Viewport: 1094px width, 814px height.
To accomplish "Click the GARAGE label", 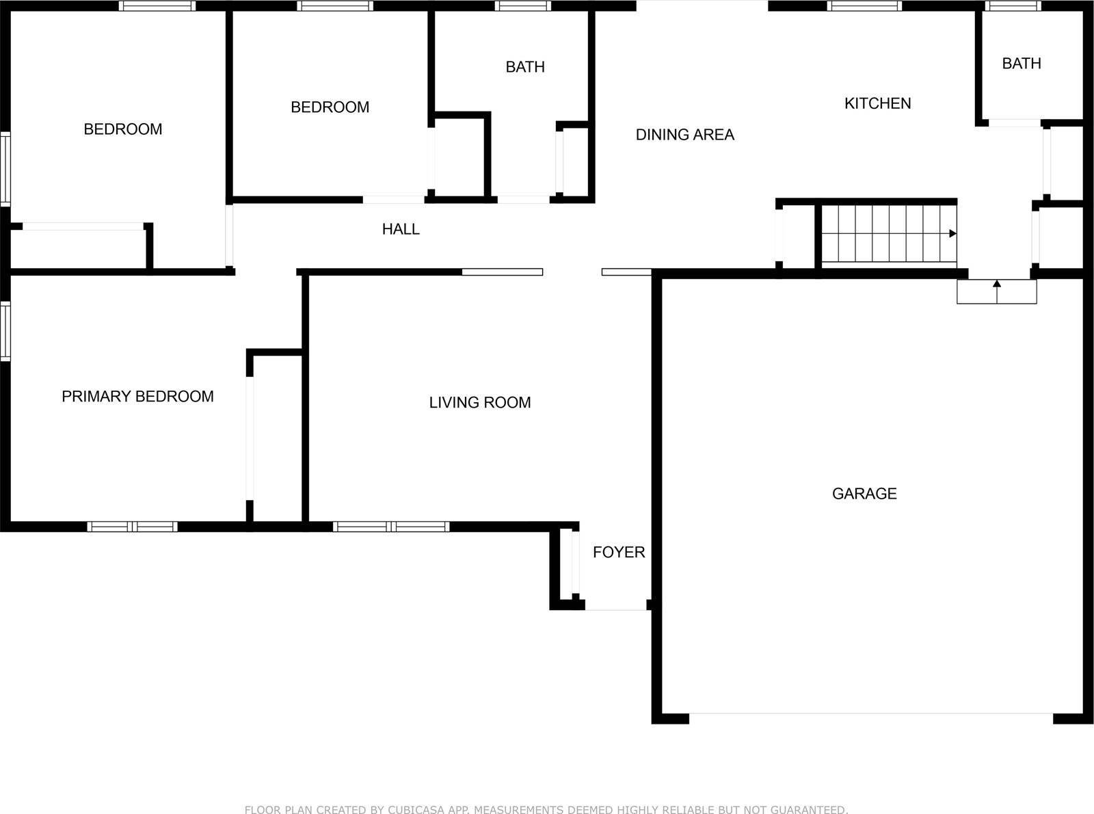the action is [864, 494].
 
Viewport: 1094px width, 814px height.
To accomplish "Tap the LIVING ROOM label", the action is [480, 403].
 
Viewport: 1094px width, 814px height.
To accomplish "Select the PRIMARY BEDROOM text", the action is [137, 396].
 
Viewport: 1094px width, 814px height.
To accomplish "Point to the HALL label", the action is [401, 229].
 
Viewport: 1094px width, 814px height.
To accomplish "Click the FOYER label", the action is [619, 553].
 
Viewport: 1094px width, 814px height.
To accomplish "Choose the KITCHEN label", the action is [878, 103].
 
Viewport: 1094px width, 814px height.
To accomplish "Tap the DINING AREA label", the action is [685, 135].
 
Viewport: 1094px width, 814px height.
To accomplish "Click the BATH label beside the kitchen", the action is [1022, 63].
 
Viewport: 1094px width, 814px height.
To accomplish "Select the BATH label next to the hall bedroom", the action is [525, 66].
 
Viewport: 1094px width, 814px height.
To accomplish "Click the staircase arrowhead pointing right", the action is [953, 233].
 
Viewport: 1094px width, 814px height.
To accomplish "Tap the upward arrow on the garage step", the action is [997, 291].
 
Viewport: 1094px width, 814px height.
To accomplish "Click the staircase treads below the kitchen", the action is [889, 233].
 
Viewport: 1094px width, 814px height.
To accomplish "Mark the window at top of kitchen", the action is [864, 6].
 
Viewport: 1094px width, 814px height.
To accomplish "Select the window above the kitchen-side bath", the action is [1013, 6].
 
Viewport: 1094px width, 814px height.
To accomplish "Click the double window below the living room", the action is [391, 527].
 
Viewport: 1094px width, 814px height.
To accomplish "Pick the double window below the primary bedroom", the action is [132, 527].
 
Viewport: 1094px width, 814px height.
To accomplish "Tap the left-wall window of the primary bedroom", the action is [5, 331].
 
